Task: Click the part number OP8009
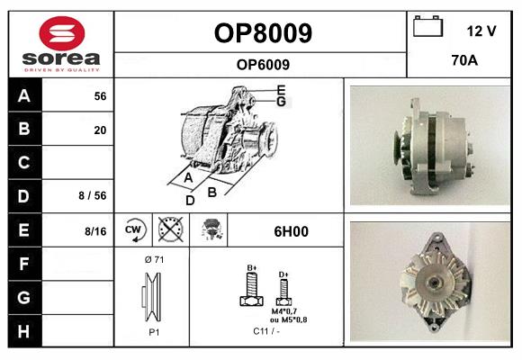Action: coord(263,33)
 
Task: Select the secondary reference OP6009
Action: coord(263,64)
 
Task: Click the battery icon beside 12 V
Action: coord(428,28)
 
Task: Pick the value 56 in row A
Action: coord(100,95)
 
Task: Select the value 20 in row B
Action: coord(100,130)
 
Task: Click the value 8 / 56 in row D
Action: coord(94,194)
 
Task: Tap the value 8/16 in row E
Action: coord(94,231)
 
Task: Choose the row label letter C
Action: coord(23,163)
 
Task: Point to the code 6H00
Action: coord(291,231)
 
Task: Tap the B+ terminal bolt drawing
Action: coord(251,290)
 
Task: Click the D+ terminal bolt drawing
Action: coord(283,291)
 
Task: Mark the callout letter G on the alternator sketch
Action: coord(281,102)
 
